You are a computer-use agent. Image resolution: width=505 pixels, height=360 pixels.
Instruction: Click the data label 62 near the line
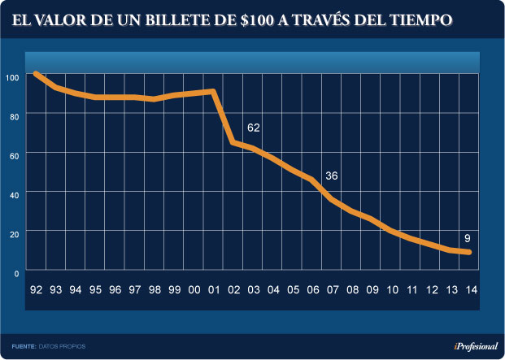pyautogui.click(x=253, y=128)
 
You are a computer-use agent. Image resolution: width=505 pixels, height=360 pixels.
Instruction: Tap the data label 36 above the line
pyautogui.click(x=331, y=176)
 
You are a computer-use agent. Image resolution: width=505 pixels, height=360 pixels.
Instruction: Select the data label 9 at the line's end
pyautogui.click(x=468, y=238)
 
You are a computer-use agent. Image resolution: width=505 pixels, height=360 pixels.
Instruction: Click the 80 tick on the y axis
pyautogui.click(x=14, y=115)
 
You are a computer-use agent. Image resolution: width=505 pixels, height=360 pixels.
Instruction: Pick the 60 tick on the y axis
pyautogui.click(x=14, y=154)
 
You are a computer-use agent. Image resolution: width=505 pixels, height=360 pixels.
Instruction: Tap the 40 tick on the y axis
pyautogui.click(x=14, y=193)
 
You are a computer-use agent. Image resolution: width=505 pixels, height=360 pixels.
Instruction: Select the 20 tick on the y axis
pyautogui.click(x=14, y=232)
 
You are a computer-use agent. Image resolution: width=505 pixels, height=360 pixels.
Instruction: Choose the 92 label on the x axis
pyautogui.click(x=36, y=289)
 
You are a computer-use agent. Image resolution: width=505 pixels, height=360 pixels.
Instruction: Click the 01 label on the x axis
pyautogui.click(x=214, y=289)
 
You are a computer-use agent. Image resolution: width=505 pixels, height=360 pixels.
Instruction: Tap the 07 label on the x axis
pyautogui.click(x=332, y=289)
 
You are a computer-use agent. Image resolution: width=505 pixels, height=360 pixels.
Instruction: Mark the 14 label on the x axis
pyautogui.click(x=471, y=289)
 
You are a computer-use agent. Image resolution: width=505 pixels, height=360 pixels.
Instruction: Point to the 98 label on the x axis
pyautogui.click(x=155, y=289)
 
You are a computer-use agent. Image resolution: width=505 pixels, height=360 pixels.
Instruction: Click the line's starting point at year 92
pyautogui.click(x=36, y=74)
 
